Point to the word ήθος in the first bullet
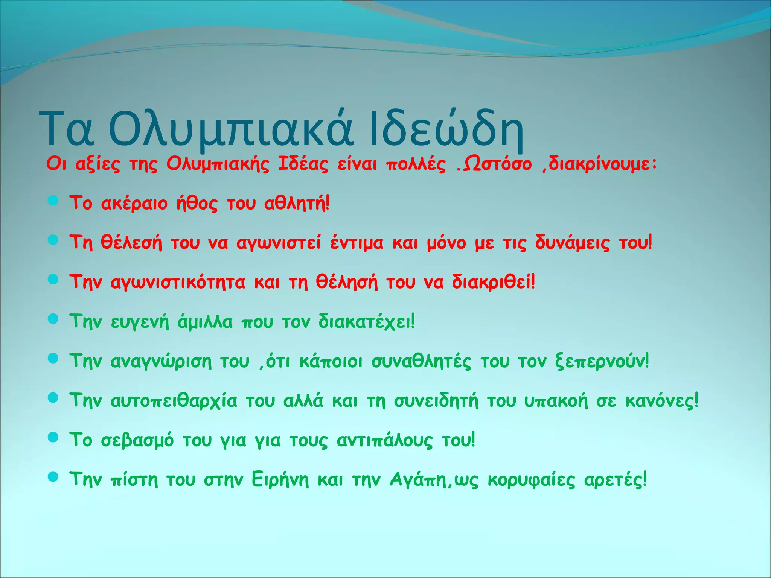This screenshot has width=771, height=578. coord(197,204)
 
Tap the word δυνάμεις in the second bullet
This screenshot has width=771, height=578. coord(572,243)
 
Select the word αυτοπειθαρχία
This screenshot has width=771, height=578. coord(174,400)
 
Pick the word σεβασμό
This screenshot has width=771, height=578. coord(137,440)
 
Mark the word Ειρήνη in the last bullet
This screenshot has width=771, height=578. coord(280,479)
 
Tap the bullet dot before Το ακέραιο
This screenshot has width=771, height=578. coord(53,201)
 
